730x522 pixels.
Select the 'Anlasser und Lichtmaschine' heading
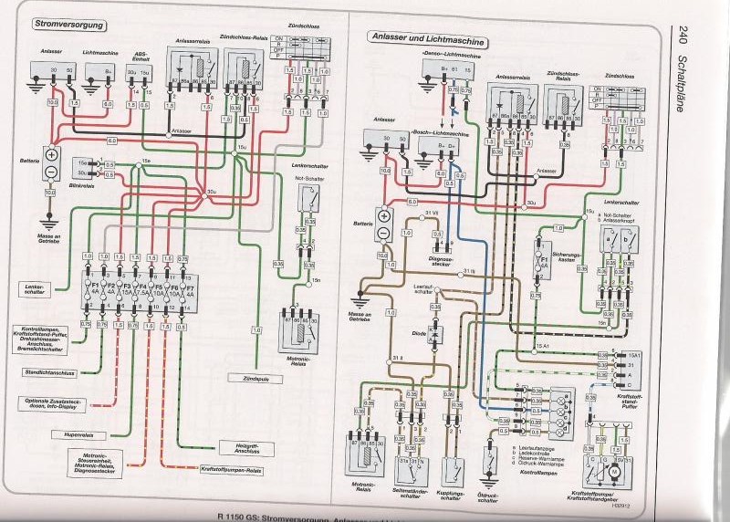click(x=427, y=38)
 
